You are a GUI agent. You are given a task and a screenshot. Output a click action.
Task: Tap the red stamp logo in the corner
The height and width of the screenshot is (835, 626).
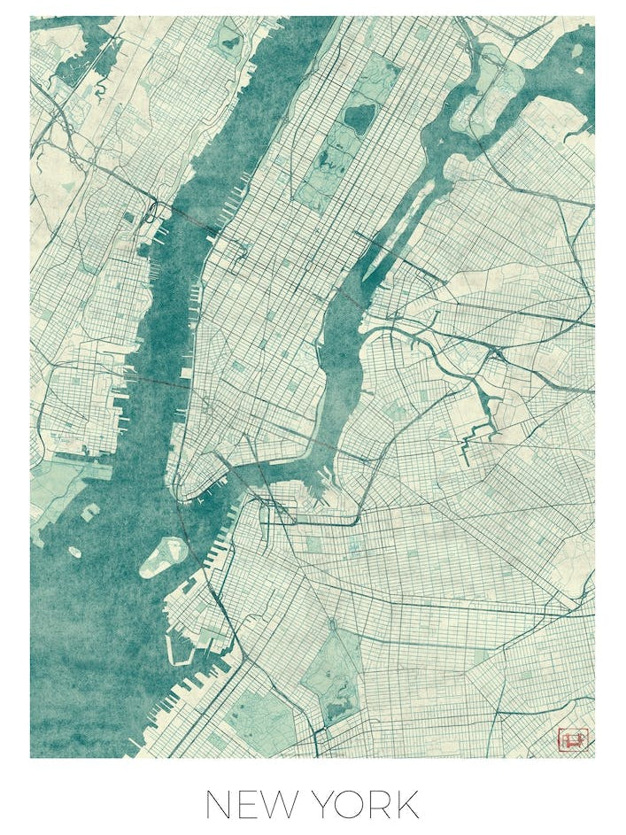tap(572, 737)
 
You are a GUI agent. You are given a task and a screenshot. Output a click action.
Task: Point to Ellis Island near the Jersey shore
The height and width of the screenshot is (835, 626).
tap(90, 512)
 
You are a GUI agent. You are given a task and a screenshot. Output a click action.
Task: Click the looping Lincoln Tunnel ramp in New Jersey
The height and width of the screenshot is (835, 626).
tap(151, 211)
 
